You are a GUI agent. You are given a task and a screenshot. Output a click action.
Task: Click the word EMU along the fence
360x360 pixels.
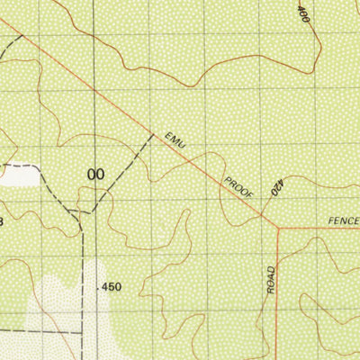click(x=173, y=141)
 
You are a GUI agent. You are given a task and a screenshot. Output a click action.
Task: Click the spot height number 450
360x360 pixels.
click(x=112, y=287)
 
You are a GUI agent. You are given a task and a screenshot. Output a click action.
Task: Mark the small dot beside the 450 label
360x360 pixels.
click(x=95, y=287)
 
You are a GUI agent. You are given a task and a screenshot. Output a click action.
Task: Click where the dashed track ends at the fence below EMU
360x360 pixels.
click(x=151, y=134)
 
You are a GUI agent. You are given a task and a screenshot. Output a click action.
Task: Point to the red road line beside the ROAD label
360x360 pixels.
click(x=277, y=288)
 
